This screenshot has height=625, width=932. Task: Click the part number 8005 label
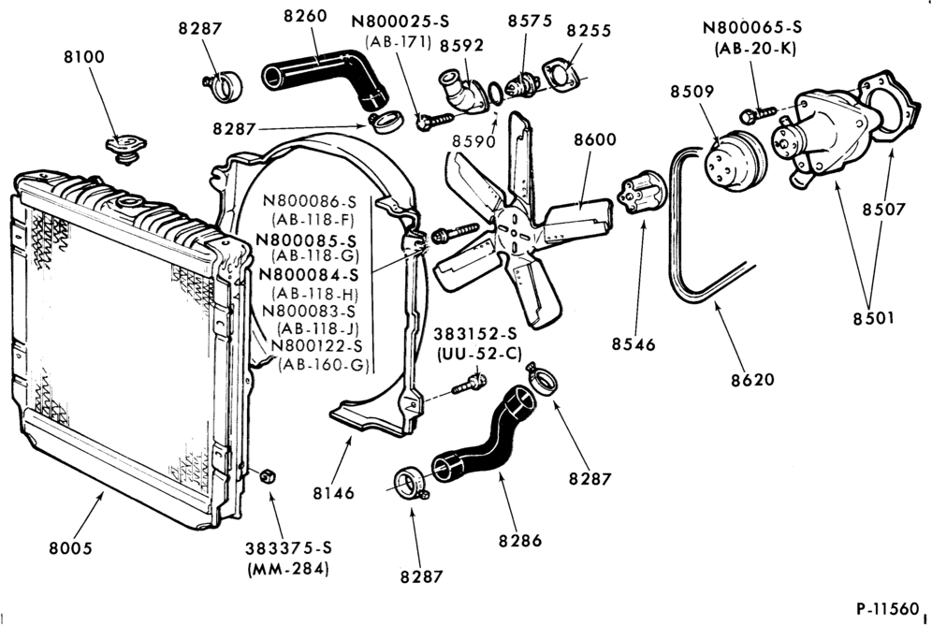coord(71,547)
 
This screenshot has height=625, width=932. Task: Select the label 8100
coord(84,57)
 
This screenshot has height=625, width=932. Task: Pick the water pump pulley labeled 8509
coord(735,159)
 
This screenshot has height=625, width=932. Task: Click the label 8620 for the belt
coord(752,380)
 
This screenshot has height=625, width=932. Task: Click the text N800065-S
coord(752,27)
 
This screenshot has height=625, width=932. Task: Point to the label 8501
coord(873,318)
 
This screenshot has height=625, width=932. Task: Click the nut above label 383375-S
coord(268,476)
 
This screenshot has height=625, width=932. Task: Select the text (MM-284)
coord(287,569)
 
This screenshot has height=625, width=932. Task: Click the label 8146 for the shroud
coord(333,493)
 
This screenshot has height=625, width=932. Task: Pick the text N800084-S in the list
coord(309,276)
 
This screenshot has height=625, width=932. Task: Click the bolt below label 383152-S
coord(470,384)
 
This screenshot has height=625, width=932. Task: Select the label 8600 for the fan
coord(595,139)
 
